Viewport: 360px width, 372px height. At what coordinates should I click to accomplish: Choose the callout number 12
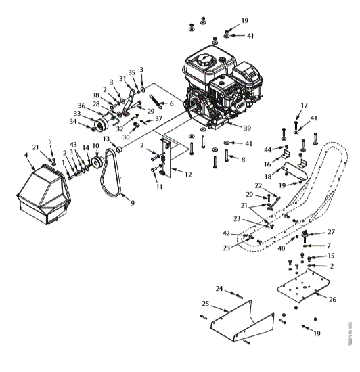point(187,175)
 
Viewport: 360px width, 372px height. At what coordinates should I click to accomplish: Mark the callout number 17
point(304,105)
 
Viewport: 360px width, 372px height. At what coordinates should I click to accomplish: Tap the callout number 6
point(172,103)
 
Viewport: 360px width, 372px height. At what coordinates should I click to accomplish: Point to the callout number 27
point(330,232)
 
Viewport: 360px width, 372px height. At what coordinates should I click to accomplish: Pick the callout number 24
point(219,289)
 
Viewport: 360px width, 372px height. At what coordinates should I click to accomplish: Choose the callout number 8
point(243,160)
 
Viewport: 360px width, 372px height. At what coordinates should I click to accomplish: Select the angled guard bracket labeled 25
point(237,323)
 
